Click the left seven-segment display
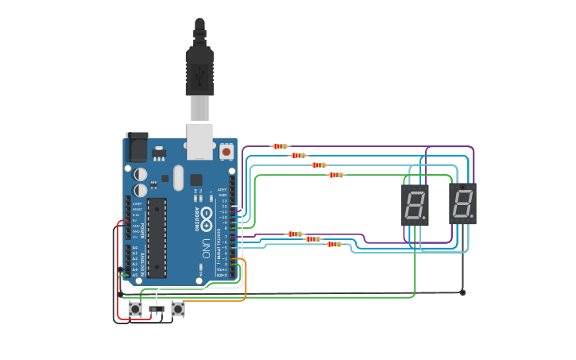[415, 205]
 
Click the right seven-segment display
[462, 203]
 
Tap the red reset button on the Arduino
[226, 151]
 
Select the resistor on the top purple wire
[280, 146]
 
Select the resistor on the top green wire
[336, 175]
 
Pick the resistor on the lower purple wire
[295, 234]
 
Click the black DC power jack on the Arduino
[137, 147]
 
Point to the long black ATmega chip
[157, 237]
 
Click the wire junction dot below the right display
[462, 292]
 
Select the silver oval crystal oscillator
[177, 176]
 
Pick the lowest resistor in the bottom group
[334, 244]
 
